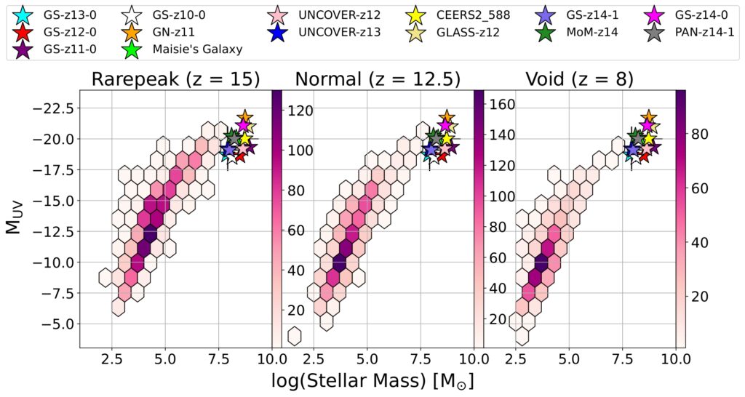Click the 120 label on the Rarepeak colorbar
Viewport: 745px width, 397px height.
click(x=295, y=111)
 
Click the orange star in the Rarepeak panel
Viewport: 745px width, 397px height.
click(x=244, y=116)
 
